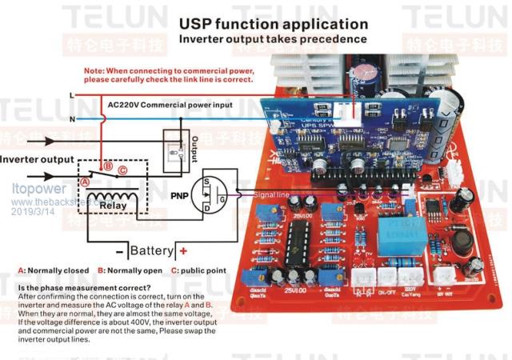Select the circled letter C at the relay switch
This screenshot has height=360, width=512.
tap(122, 170)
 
